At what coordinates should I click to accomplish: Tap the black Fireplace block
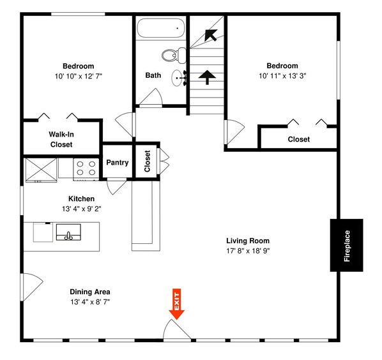[346, 245]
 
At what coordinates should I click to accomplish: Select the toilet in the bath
[171, 57]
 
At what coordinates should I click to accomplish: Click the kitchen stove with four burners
[86, 168]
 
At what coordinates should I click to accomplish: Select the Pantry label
[117, 163]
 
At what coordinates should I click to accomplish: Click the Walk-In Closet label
[61, 140]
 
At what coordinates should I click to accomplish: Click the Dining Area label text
[90, 292]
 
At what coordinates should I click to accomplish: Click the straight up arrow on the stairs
[206, 78]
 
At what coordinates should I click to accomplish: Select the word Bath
[153, 75]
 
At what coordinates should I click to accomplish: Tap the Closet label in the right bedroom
[298, 139]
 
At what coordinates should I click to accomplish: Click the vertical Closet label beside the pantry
[148, 161]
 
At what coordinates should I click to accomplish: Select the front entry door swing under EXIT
[176, 330]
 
